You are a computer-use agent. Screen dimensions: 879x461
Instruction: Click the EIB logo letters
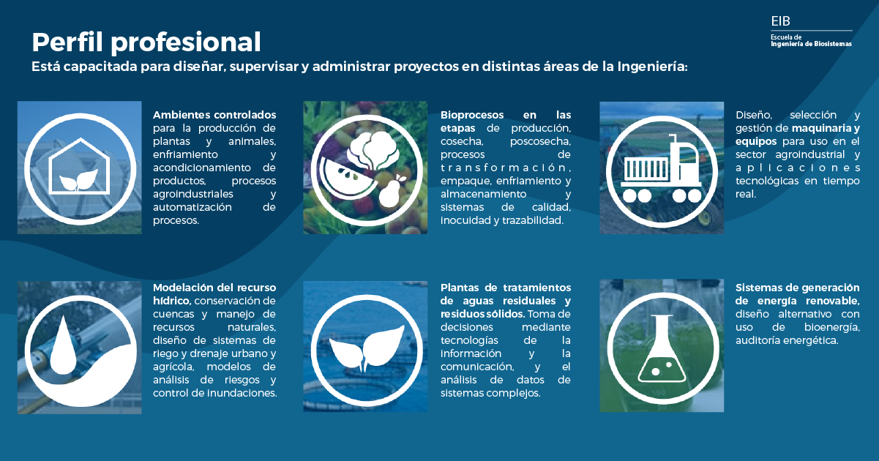tap(780, 20)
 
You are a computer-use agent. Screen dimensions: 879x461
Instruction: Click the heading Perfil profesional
tap(146, 42)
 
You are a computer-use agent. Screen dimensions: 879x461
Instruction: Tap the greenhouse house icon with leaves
tap(80, 167)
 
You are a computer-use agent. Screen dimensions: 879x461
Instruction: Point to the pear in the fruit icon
tap(390, 192)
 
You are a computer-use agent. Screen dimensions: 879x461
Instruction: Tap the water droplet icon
tap(62, 345)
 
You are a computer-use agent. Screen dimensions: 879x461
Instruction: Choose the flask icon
tap(662, 348)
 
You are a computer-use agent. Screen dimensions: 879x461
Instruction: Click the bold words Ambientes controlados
tap(214, 115)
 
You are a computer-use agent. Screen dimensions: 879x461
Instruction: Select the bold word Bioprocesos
tap(471, 115)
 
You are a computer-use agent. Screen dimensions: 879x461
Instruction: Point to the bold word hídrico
tap(171, 301)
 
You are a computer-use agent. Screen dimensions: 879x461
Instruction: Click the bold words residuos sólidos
tap(482, 314)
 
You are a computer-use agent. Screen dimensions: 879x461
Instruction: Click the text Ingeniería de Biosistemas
tap(811, 44)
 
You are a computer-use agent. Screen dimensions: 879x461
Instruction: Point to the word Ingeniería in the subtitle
tap(652, 67)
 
